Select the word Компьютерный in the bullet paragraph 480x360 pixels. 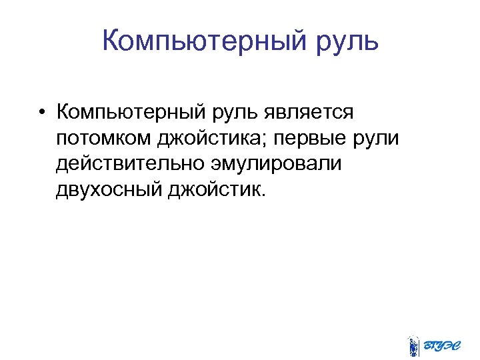click(x=133, y=112)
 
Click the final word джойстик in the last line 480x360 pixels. click(x=216, y=190)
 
